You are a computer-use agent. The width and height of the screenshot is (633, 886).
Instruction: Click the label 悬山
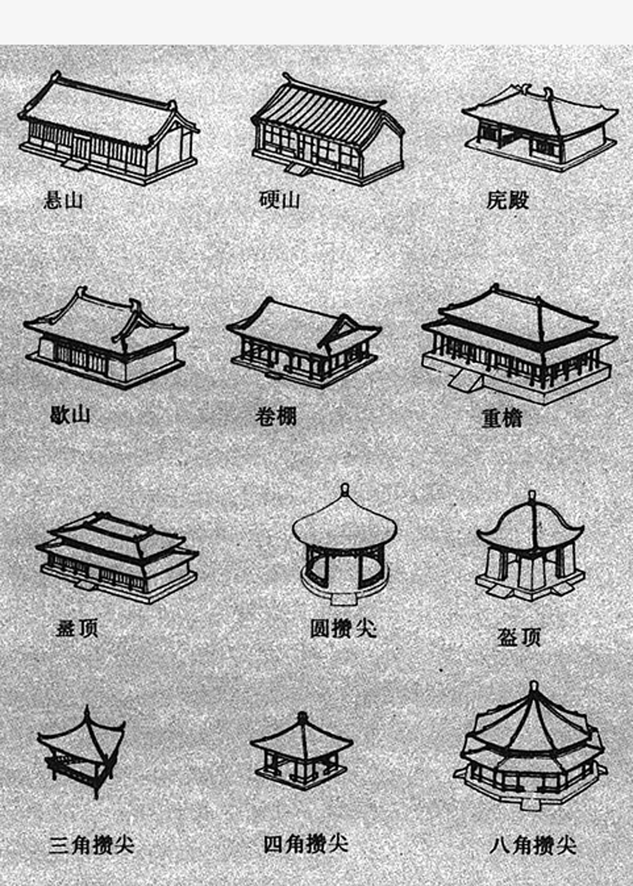(x=63, y=200)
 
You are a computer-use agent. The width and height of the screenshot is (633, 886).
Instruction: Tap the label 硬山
(x=279, y=199)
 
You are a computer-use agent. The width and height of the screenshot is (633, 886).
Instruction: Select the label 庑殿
(x=508, y=200)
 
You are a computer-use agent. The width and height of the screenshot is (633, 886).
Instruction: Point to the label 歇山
(x=70, y=415)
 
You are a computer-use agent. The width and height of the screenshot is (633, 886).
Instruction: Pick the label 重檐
(x=502, y=418)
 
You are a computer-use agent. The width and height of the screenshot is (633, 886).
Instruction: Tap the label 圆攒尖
(x=342, y=629)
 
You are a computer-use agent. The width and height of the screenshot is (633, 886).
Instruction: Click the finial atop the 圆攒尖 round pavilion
(x=345, y=489)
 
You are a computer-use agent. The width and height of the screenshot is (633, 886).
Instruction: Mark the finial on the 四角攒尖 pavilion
(x=302, y=716)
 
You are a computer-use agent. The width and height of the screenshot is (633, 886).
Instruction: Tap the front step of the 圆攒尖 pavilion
(x=344, y=598)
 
